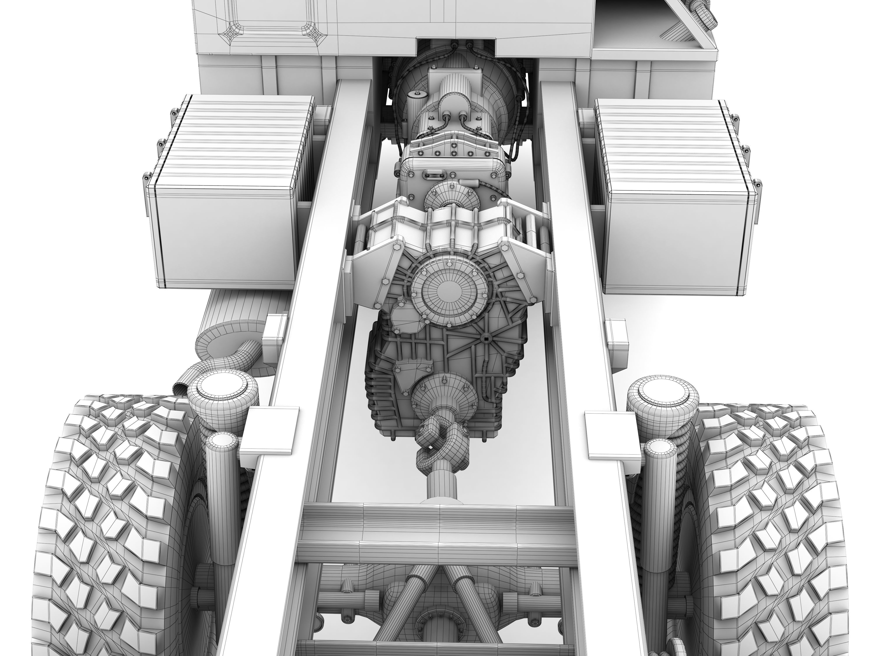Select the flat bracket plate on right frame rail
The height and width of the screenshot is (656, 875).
[x=611, y=433]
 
